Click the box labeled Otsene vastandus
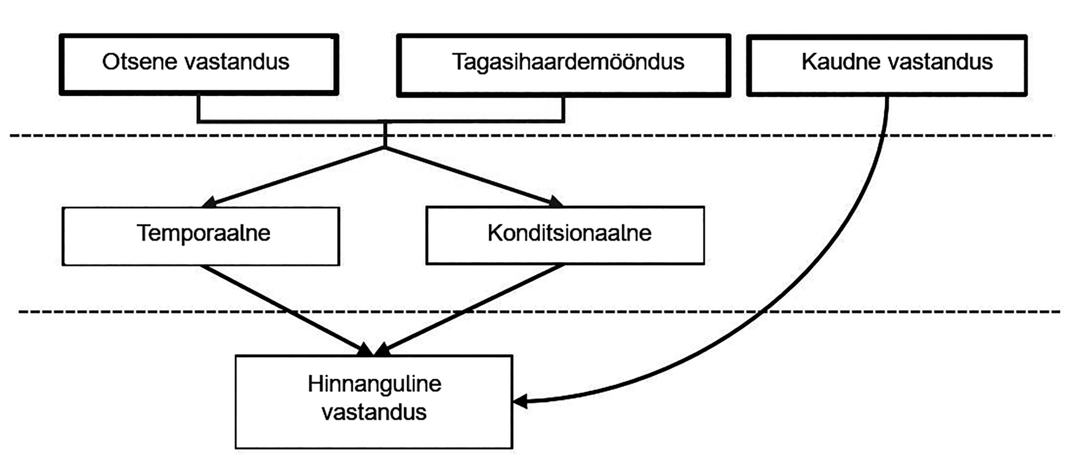[x=199, y=65]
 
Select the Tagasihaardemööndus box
[x=563, y=65]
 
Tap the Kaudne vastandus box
[x=887, y=65]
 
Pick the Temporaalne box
[x=201, y=236]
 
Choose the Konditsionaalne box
[x=565, y=235]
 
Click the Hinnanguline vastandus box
[x=374, y=401]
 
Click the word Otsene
[x=140, y=62]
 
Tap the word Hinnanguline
[x=374, y=384]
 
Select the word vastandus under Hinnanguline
[x=374, y=412]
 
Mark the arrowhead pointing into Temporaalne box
[x=209, y=202]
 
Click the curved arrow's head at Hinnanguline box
[x=521, y=402]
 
